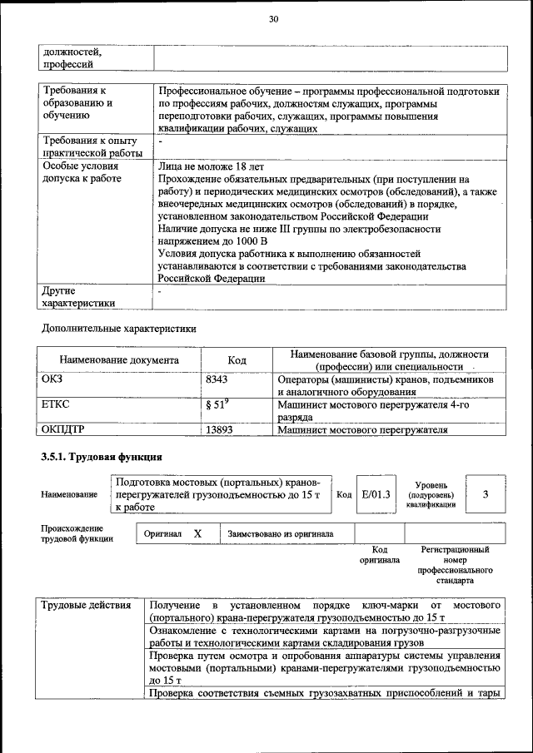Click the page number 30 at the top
pos(272,20)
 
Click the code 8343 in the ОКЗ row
pos(217,379)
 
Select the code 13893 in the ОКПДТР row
pos(218,429)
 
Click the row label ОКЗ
pos(52,379)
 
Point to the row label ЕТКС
pos(55,404)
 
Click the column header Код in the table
pos(237,360)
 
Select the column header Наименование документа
pos(119,360)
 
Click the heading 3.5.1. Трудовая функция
pos(101,458)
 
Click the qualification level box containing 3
pos(485,494)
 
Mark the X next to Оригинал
pos(197,533)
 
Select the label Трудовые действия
pos(87,604)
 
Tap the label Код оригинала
pos(380,555)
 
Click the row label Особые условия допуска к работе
pos(80,172)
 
